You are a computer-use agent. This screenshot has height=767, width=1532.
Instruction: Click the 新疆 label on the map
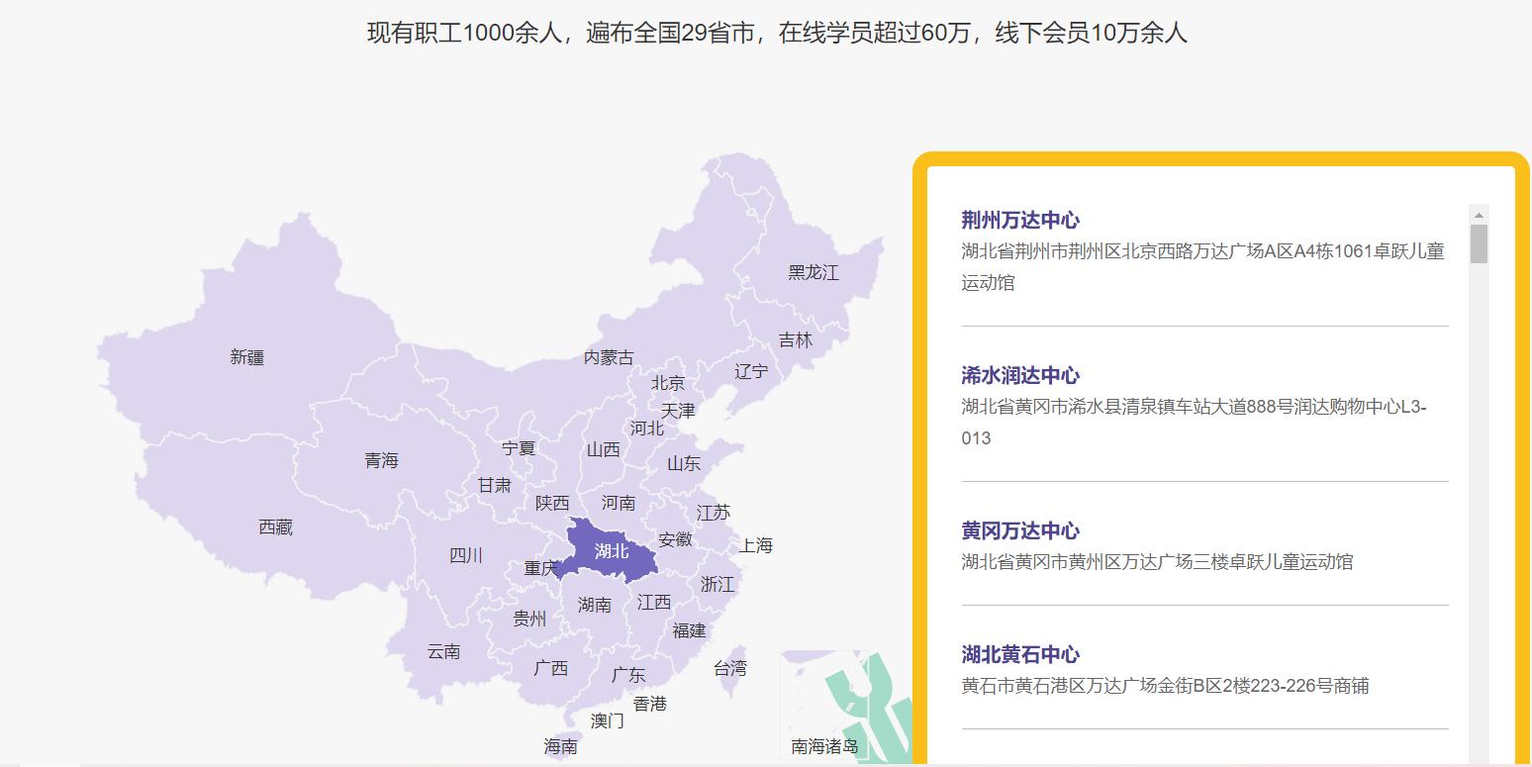247,357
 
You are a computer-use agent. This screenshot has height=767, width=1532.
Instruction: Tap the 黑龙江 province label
813,272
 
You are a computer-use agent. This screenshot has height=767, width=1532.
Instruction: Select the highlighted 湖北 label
612,551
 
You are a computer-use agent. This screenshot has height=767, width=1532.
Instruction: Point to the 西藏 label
275,527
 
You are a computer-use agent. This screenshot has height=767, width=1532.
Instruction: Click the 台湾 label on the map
729,669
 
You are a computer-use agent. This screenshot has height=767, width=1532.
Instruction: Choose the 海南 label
560,747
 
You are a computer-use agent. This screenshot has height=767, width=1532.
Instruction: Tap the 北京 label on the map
667,383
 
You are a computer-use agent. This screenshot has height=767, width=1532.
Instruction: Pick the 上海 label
755,545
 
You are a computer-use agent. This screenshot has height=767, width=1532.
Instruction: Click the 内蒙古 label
608,357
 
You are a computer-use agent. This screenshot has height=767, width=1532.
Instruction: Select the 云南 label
443,651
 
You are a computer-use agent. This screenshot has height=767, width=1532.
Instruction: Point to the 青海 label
381,460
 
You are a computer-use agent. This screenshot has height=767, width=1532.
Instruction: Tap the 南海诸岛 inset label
824,746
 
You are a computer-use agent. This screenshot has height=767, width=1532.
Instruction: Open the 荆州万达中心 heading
1020,220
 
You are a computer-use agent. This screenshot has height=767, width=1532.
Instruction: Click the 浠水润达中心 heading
1020,375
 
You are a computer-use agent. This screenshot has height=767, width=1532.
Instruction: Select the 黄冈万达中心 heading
1020,530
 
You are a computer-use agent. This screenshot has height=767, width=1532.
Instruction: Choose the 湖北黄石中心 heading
1020,654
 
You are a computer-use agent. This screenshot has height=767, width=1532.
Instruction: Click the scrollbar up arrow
1479,215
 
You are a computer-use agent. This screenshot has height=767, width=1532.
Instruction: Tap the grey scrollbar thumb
1479,243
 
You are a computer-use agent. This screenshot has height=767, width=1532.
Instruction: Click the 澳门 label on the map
607,720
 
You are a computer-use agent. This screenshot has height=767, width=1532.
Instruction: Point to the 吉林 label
795,340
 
